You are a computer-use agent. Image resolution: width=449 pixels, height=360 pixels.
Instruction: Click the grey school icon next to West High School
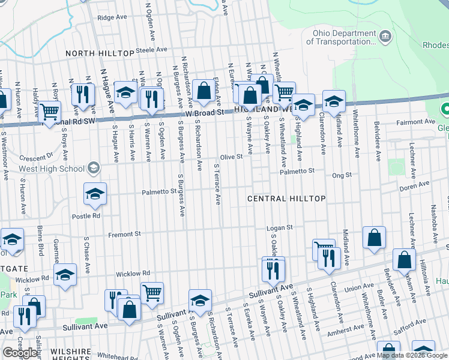tap(93, 167)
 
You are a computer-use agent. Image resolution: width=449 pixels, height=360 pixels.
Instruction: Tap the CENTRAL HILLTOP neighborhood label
tap(287, 199)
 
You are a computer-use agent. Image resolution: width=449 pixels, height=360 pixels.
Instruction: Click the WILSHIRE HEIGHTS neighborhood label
tap(71, 355)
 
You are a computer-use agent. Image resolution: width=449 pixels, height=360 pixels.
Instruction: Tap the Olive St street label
tap(231, 157)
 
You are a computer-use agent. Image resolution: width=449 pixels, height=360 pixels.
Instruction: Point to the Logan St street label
tap(279, 227)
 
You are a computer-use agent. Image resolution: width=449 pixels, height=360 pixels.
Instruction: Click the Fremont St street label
tap(124, 234)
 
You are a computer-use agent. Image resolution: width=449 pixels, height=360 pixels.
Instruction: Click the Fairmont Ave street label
tap(418, 122)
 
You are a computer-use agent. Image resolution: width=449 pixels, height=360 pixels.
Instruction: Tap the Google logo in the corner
tap(20, 352)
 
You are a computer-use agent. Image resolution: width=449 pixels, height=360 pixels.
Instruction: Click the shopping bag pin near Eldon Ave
tap(204, 91)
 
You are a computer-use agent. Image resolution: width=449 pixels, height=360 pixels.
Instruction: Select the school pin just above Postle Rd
tap(95, 194)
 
